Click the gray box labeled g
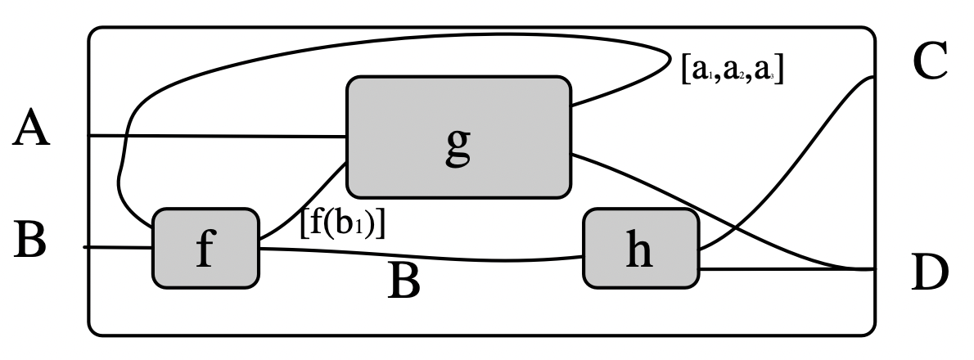click(458, 137)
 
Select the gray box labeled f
click(205, 248)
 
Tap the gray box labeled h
click(641, 248)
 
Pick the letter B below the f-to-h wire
click(404, 282)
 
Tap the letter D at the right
click(930, 275)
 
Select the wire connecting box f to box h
click(426, 256)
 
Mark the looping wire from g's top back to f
click(368, 51)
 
